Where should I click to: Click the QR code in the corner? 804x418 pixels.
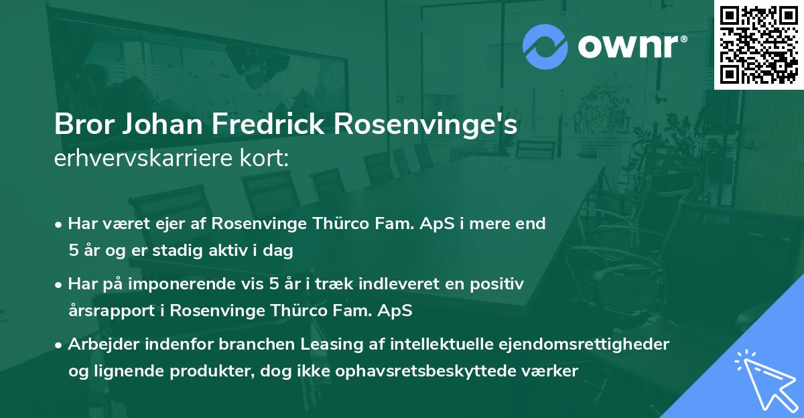click(758, 44)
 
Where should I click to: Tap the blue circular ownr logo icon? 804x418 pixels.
click(545, 47)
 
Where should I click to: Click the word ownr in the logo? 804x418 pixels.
click(630, 48)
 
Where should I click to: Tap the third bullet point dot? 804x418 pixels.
click(60, 345)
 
